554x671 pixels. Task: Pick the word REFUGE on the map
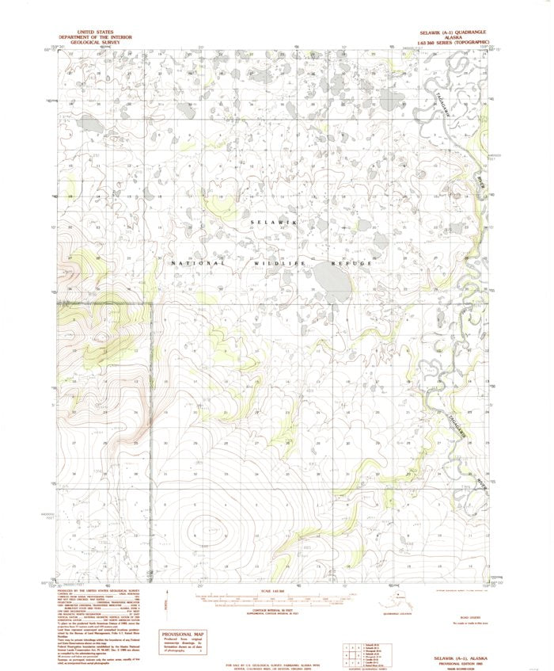coord(352,264)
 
